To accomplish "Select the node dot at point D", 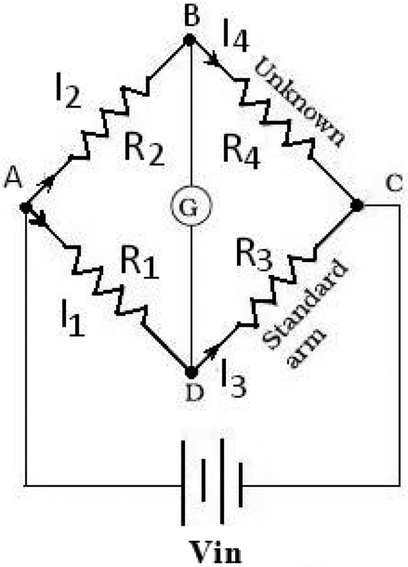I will point(191,372).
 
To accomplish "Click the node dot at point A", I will point(25,208).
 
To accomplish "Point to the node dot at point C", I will point(356,205).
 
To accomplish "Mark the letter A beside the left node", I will point(12,177).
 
